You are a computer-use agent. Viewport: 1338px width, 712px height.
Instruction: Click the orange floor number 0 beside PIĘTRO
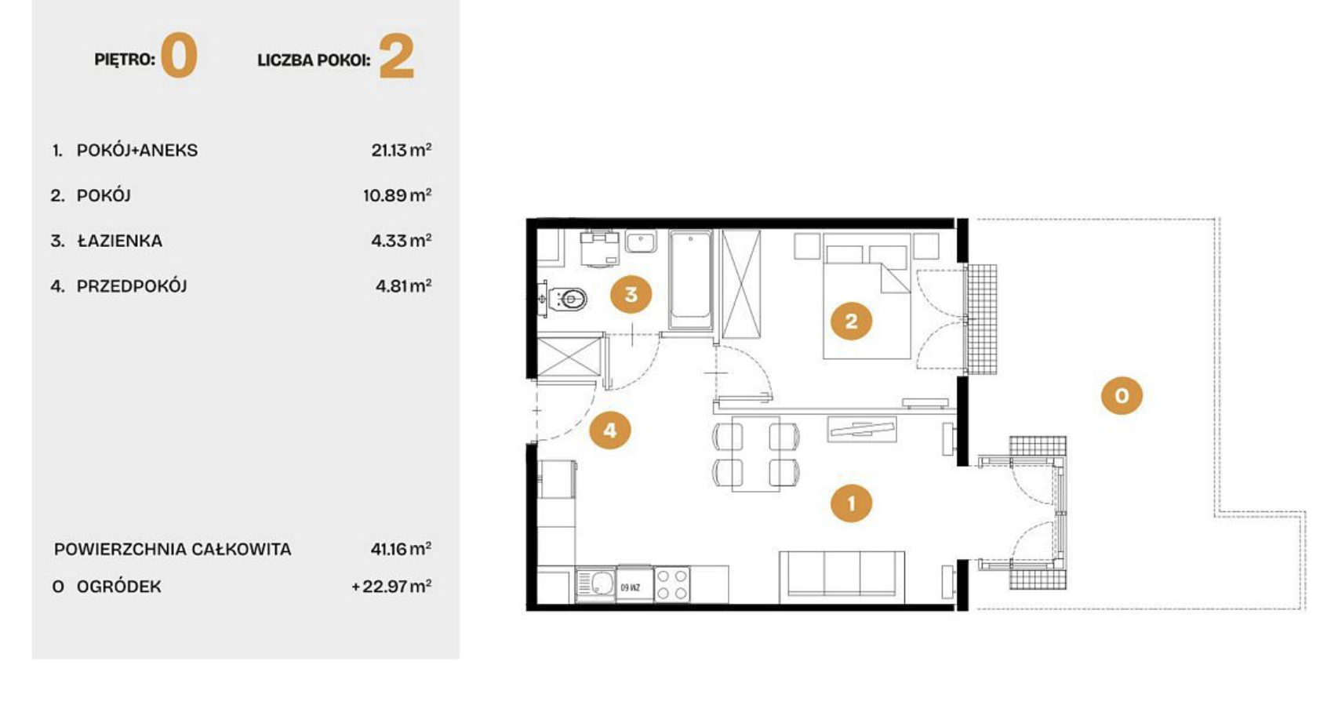pos(179,55)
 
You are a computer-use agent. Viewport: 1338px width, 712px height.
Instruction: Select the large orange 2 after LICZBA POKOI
pos(397,56)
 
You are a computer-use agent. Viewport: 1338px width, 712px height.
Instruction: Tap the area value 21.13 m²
pos(401,149)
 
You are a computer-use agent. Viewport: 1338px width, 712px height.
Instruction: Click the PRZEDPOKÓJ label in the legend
pos(132,286)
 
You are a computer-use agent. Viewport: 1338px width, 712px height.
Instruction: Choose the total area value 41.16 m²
pos(401,548)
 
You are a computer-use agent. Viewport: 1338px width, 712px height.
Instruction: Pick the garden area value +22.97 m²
pos(391,586)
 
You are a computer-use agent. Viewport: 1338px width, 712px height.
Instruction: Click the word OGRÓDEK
pos(119,587)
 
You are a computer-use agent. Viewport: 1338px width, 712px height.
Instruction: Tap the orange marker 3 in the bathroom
pos(631,294)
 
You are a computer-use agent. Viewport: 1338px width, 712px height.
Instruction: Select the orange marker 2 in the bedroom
pos(851,321)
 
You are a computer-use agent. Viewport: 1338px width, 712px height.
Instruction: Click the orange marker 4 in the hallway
pos(610,430)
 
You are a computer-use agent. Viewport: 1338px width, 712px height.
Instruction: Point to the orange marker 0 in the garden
pos(1122,395)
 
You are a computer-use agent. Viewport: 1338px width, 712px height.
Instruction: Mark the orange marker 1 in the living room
pos(851,503)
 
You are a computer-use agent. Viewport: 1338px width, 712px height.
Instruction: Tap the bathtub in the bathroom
pos(690,279)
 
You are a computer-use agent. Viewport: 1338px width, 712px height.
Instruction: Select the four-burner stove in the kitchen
pos(672,583)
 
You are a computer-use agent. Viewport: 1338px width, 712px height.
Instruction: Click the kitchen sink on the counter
pos(595,583)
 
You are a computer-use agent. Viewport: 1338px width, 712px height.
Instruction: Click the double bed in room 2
pos(867,296)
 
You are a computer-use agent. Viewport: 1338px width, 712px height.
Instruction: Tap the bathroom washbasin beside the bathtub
pos(641,242)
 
